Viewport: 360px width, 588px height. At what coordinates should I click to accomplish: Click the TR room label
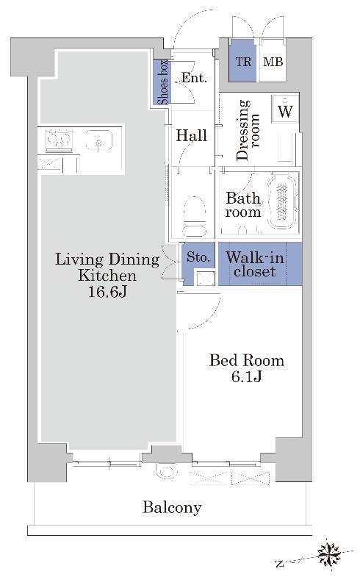point(243,62)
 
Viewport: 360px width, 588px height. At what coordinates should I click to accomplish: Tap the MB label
point(273,62)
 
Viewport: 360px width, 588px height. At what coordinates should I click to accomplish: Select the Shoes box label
point(163,82)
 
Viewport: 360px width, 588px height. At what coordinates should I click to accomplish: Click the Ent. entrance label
point(194,78)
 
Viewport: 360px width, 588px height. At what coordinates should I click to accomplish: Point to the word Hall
point(192,135)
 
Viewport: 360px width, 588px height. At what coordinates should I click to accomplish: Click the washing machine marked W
point(286,109)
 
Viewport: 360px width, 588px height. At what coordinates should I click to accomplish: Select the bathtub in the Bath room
point(283,201)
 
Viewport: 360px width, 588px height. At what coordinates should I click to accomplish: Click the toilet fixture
point(195,217)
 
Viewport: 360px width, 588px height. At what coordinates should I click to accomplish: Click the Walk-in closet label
point(255,264)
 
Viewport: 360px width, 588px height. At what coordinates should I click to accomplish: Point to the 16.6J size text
point(107,291)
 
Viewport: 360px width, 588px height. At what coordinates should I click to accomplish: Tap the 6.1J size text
point(246,376)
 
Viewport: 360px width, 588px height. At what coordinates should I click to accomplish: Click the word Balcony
point(172,508)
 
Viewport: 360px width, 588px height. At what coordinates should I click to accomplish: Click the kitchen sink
point(98,140)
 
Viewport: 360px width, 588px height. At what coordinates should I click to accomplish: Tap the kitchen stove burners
point(59,140)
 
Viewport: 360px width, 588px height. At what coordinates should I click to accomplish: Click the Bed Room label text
point(247,360)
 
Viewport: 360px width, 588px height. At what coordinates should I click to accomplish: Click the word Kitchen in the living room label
point(107,276)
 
